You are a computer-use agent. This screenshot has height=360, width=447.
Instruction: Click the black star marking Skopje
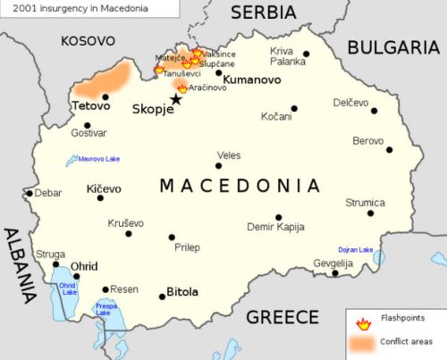pos(175,99)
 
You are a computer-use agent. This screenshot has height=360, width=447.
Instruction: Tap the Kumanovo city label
pos(251,80)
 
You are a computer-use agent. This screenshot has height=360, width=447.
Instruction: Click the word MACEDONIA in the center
pos(240,186)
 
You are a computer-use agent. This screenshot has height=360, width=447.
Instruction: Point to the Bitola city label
pos(182,292)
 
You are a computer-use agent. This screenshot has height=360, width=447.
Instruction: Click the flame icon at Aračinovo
pos(182,88)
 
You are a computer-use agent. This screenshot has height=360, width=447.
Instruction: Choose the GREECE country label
pos(283,317)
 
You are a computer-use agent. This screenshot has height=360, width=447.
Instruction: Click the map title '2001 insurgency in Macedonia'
pos(61,8)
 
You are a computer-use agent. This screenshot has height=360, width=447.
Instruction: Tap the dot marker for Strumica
pos(370,213)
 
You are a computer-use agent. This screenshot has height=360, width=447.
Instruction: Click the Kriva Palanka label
pos(287,56)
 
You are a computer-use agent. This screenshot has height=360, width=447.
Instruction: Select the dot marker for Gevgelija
pos(335,272)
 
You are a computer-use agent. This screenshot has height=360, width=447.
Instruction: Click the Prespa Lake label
pos(106,309)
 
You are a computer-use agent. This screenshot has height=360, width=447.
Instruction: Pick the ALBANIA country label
pos(16,265)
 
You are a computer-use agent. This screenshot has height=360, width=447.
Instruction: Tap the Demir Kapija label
pos(277,229)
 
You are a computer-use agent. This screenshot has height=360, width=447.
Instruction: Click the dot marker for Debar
pos(30,193)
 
